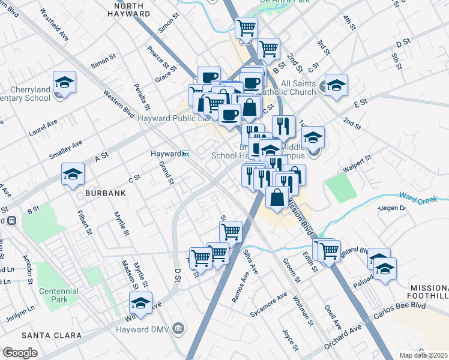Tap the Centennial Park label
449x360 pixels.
[x=58, y=295]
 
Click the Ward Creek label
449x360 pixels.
[x=420, y=197]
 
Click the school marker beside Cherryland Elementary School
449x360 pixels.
[x=65, y=82]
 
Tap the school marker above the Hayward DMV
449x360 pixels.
[x=141, y=304]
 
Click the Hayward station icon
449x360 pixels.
[x=186, y=154]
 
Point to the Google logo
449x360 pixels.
[x=20, y=353]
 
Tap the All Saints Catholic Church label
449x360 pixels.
[x=290, y=88]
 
